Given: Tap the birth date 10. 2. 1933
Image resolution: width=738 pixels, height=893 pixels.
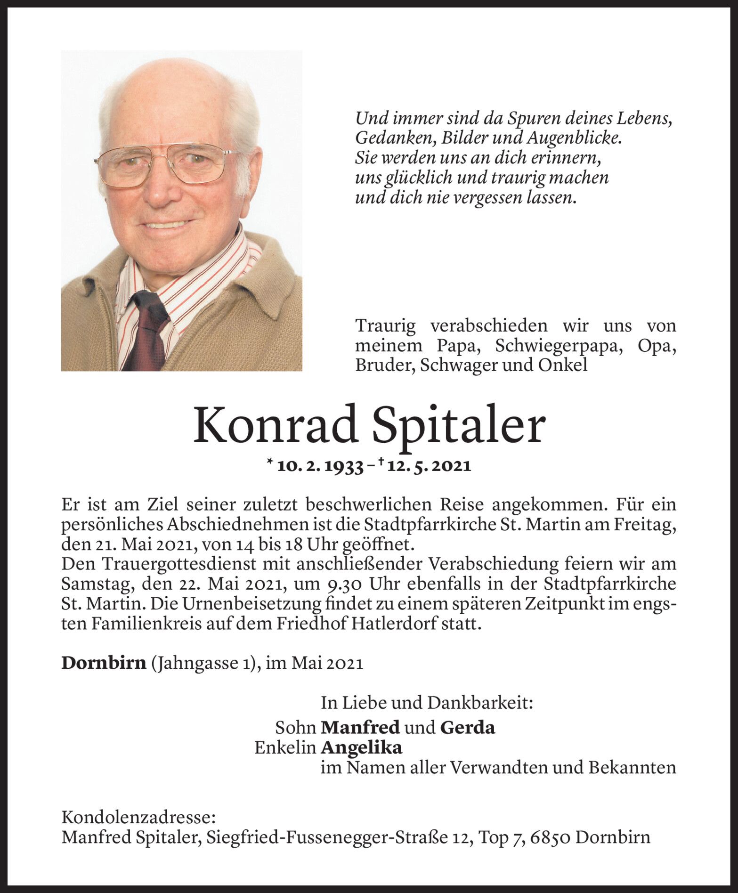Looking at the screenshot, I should point(321,466).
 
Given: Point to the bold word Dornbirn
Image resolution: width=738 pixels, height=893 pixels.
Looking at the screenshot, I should point(104,663).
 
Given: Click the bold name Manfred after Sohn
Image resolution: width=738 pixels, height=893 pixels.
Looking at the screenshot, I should point(360,728).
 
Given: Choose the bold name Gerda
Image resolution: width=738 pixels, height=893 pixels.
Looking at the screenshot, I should point(467,728).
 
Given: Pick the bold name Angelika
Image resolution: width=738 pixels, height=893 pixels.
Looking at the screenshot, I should point(361,747).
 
